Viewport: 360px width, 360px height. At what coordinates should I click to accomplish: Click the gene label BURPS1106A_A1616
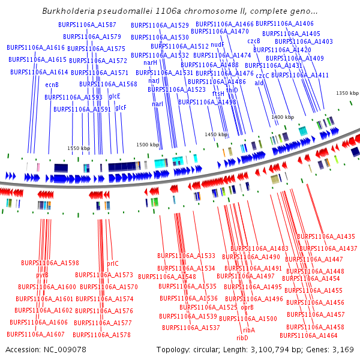point(35,47)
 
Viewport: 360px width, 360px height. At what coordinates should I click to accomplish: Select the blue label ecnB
point(52,85)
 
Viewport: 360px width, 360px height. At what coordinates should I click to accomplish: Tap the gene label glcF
point(121,107)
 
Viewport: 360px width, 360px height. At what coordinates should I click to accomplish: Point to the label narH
point(150,62)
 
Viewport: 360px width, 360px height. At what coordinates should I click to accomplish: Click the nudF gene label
point(218,44)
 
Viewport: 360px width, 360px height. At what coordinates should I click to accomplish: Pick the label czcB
point(254,41)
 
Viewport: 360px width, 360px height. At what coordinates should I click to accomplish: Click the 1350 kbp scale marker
point(347,93)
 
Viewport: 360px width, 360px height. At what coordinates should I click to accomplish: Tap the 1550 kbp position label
point(78,148)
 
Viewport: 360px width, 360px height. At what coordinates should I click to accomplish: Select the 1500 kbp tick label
point(148,145)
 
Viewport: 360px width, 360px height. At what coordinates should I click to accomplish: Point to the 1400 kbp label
point(283,117)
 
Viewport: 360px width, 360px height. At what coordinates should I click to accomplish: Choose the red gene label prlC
point(113,263)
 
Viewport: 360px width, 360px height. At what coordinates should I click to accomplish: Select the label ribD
point(242,338)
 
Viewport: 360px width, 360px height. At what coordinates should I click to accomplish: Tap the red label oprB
point(248,307)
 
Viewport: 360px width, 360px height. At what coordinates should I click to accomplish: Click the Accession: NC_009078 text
point(46,349)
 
